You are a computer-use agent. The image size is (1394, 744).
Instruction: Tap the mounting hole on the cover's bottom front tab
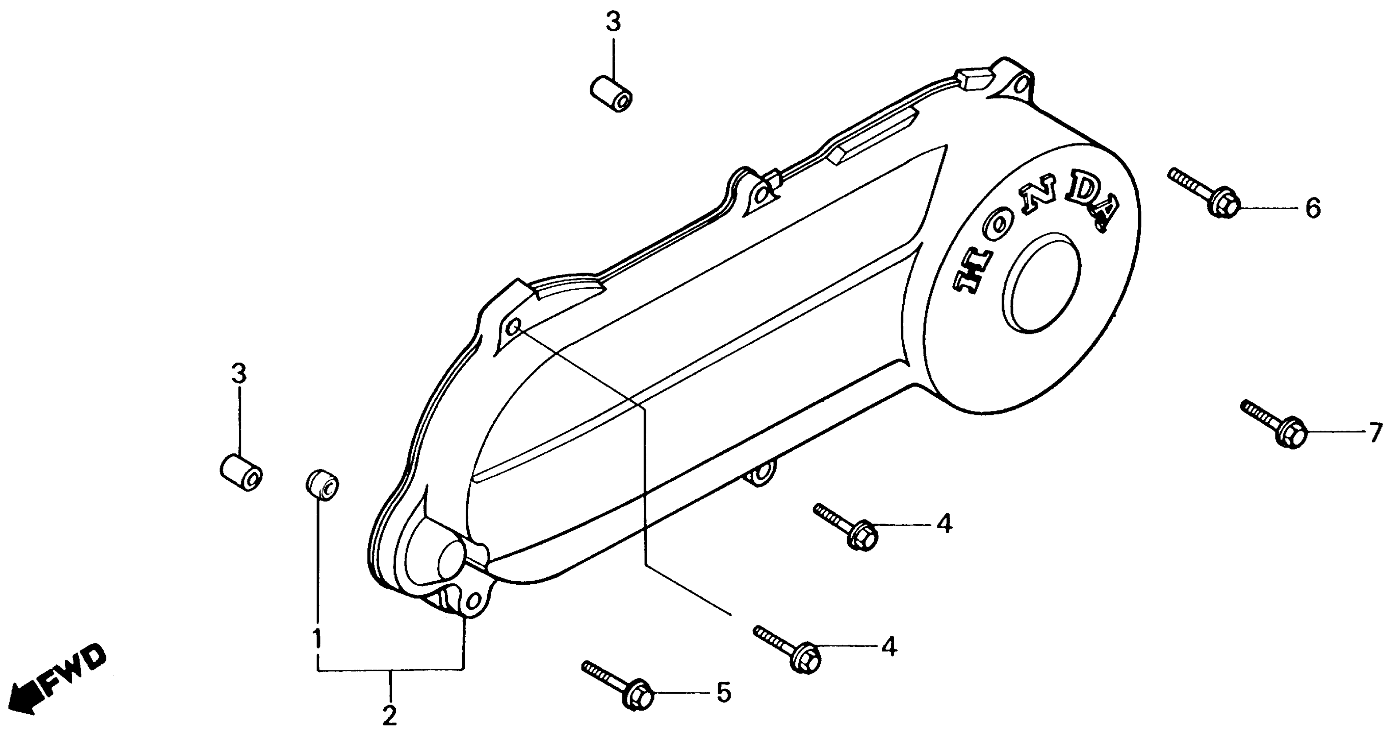coord(473,601)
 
